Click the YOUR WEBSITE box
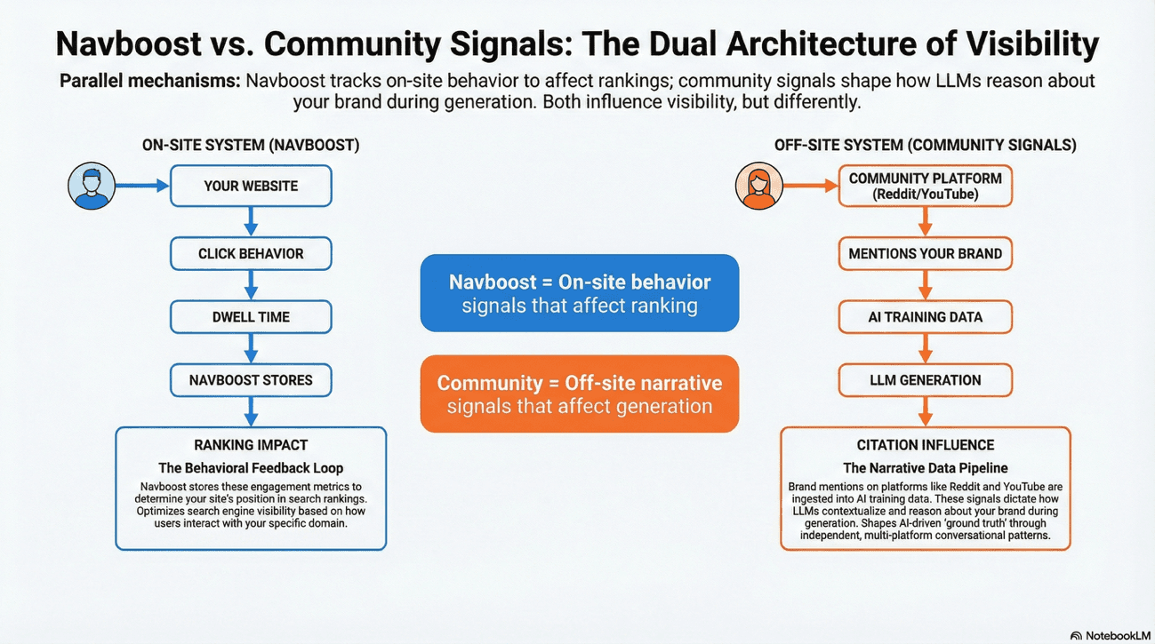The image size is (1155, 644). pyautogui.click(x=251, y=187)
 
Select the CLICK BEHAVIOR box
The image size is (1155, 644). pyautogui.click(x=251, y=254)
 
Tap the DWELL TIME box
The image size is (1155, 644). pyautogui.click(x=251, y=317)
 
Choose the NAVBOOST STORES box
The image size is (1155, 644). pyautogui.click(x=251, y=380)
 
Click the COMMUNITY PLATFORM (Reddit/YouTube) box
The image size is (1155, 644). pyautogui.click(x=925, y=186)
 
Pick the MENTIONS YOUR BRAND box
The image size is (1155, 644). pyautogui.click(x=925, y=254)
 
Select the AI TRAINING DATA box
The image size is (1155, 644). pyautogui.click(x=925, y=317)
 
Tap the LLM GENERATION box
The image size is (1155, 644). pyautogui.click(x=925, y=380)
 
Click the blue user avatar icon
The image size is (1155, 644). pyautogui.click(x=92, y=187)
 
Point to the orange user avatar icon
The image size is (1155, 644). pyautogui.click(x=758, y=186)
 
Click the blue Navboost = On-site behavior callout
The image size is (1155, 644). pyautogui.click(x=579, y=293)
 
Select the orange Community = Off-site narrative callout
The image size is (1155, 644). pyautogui.click(x=579, y=394)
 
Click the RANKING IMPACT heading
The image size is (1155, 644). pyautogui.click(x=251, y=445)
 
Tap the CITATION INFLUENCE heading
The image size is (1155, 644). pyautogui.click(x=925, y=445)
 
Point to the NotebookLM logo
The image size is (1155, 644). pyautogui.click(x=1109, y=634)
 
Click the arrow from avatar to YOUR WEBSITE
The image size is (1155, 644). pyautogui.click(x=142, y=187)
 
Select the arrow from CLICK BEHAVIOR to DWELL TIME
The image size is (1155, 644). pyautogui.click(x=251, y=285)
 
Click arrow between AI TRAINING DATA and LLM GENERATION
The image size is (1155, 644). pyautogui.click(x=925, y=348)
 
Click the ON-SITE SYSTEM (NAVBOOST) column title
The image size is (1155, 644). pyautogui.click(x=251, y=145)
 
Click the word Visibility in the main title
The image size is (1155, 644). pyautogui.click(x=1035, y=44)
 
